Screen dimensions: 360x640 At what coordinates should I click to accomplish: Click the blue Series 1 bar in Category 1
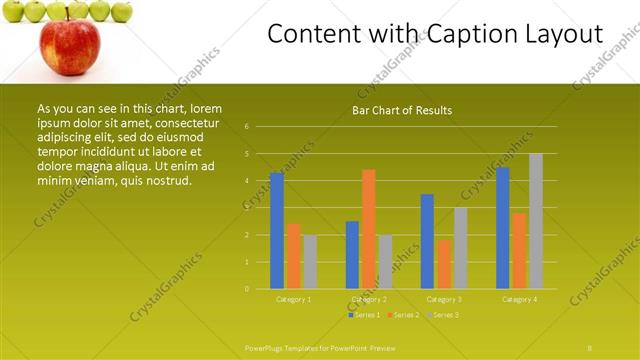277,231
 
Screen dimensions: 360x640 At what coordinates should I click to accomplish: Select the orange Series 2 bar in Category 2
369,229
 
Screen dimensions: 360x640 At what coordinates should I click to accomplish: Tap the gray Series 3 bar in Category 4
536,221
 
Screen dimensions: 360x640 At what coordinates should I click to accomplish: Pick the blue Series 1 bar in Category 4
502,228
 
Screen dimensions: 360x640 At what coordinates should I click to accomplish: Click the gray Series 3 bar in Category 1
310,262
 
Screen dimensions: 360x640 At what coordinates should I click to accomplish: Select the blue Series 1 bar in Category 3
427,241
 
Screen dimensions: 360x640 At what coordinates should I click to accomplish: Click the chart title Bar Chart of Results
402,110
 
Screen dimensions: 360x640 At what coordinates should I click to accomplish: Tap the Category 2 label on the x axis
369,299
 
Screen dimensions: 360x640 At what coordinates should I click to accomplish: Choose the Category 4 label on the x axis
519,299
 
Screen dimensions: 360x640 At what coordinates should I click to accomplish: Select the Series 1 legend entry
364,315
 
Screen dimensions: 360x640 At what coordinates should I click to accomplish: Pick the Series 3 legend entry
444,315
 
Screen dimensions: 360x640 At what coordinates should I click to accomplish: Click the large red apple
69,45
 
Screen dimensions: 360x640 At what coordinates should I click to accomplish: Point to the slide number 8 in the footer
590,346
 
